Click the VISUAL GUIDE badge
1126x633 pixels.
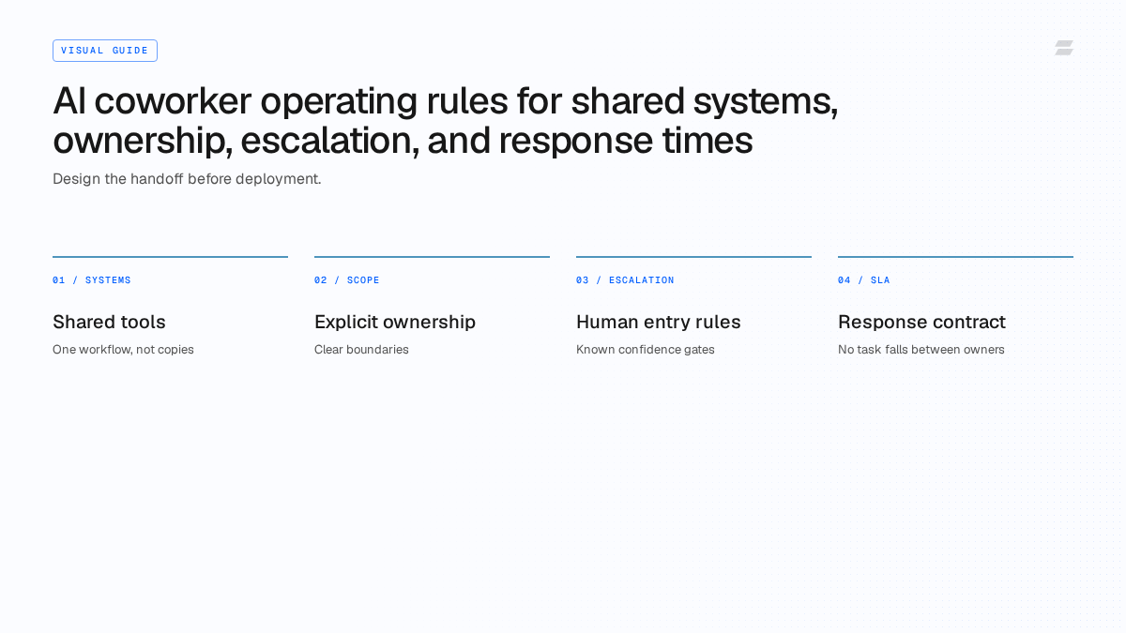coord(105,51)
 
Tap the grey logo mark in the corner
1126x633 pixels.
coord(1064,48)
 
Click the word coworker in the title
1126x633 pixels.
coord(173,101)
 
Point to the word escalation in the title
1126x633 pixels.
coord(329,141)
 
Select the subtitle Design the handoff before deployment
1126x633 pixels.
coord(187,179)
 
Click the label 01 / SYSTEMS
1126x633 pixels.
coord(92,280)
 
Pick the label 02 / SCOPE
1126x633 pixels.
coord(347,280)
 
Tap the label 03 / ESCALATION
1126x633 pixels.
coord(625,280)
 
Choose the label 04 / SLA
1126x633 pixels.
coord(863,280)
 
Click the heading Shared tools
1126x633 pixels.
coord(109,322)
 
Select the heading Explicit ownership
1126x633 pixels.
coord(395,323)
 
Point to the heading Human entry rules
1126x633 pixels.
coord(659,323)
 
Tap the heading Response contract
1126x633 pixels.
coord(921,323)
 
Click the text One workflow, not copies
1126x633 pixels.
coord(123,350)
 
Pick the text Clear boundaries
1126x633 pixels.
coord(361,350)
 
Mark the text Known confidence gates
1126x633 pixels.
coord(645,350)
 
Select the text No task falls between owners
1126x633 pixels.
coord(921,350)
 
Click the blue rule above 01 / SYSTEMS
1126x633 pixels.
coord(171,257)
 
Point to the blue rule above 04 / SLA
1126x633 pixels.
coord(955,257)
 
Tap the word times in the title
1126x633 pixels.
coord(708,140)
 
